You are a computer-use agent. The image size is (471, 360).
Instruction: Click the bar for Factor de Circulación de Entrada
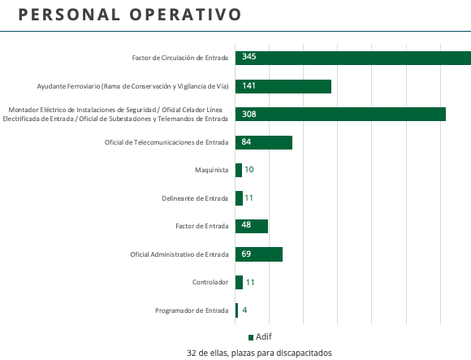[353, 58]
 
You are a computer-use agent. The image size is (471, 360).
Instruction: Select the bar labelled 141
[283, 86]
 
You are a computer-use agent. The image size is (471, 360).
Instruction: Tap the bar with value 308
[340, 115]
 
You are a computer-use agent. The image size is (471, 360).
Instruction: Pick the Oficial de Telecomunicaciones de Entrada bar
[264, 142]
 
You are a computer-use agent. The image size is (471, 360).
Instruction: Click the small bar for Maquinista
[239, 170]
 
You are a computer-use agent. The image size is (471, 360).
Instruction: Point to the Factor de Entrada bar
[252, 226]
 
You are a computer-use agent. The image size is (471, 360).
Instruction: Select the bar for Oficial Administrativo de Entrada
[259, 254]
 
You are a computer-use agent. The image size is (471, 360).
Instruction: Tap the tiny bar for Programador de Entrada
[236, 310]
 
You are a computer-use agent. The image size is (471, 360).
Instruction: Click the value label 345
[249, 57]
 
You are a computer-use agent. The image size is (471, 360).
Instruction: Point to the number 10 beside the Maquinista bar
[249, 170]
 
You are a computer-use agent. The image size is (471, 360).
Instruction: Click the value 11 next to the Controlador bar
[250, 283]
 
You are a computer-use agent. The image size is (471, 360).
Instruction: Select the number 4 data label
[244, 310]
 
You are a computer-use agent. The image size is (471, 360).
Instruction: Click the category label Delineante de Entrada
[195, 198]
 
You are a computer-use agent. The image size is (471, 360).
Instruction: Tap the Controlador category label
[210, 282]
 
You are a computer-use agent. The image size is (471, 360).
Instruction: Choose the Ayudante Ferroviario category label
[132, 86]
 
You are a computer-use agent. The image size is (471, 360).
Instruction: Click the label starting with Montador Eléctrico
[115, 115]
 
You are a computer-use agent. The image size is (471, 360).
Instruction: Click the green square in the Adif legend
[251, 337]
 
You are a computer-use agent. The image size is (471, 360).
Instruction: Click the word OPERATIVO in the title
[185, 15]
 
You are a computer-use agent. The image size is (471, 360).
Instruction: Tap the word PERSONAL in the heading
[69, 15]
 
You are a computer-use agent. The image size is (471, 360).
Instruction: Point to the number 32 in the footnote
[191, 353]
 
